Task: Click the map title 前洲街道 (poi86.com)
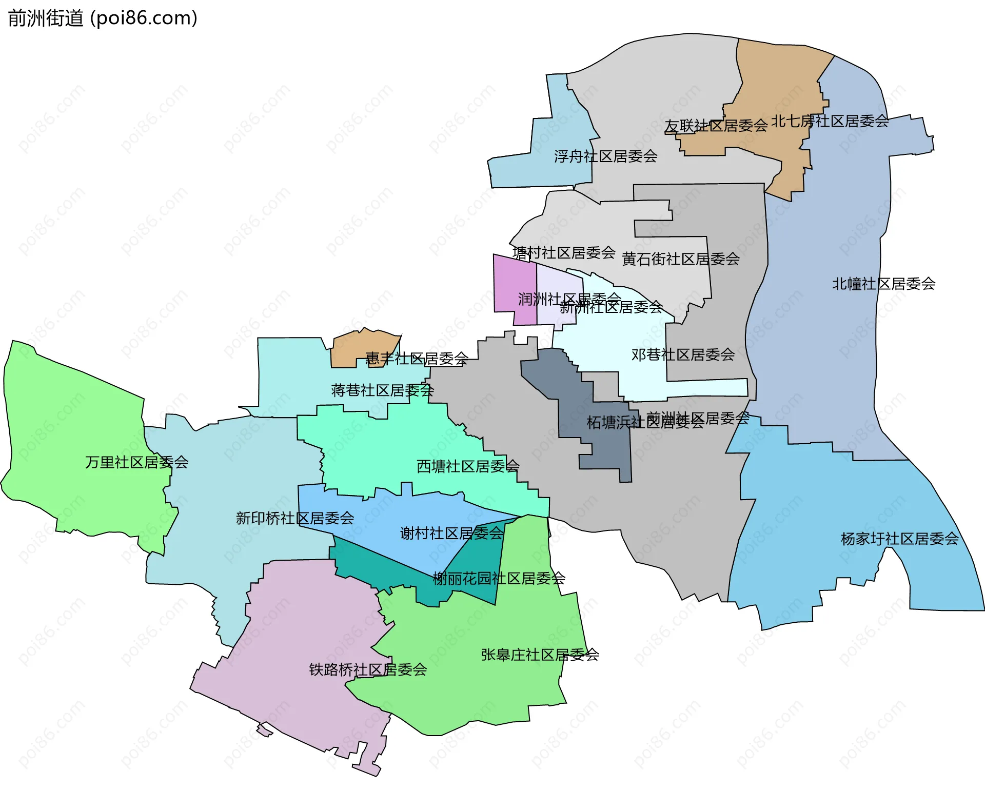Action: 103,18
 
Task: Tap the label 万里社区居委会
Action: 137,462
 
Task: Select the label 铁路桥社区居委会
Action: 368,669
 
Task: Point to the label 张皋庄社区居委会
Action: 540,655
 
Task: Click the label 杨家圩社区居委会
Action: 899,539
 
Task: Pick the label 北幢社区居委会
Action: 883,284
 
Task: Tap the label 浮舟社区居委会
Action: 605,156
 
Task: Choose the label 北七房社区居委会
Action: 830,121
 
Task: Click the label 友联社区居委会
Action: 716,126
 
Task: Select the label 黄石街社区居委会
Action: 681,259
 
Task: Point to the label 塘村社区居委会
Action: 564,252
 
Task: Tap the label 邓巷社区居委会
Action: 683,354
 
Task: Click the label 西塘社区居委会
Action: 468,466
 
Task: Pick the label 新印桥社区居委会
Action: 295,518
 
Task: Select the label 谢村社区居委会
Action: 451,534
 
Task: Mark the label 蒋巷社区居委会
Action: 383,390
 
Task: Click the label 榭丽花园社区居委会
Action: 499,579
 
